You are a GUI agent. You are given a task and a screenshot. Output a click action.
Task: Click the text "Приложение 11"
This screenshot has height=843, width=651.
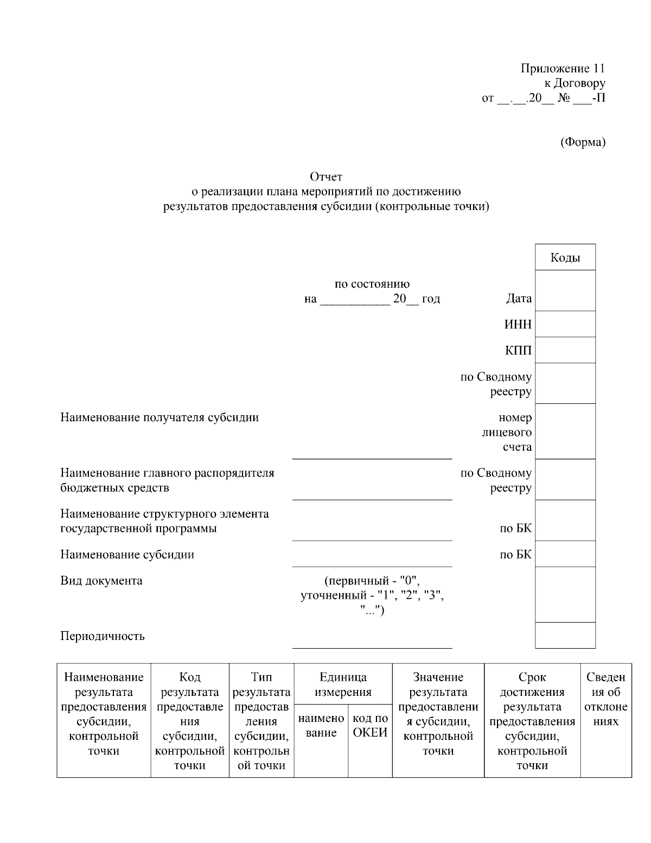(x=563, y=68)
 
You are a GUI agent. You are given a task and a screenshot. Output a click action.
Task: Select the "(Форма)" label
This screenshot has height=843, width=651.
(x=582, y=142)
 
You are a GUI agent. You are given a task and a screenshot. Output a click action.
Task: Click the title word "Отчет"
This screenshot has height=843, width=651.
(x=326, y=176)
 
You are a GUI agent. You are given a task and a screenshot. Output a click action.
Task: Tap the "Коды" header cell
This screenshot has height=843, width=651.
(x=565, y=257)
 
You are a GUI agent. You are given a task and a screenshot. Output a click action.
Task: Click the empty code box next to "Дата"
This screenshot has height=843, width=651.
(x=565, y=290)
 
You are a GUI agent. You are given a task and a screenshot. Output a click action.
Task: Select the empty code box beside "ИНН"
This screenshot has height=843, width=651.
(x=565, y=324)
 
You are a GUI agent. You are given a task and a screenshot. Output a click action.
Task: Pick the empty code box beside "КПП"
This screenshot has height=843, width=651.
(x=565, y=350)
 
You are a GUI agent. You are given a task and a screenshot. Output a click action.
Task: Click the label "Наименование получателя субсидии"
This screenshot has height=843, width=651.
(x=159, y=417)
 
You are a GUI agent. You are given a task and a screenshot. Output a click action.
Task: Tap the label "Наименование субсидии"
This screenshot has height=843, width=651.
(x=127, y=555)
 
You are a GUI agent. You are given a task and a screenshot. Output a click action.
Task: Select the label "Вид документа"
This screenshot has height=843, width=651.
(x=101, y=581)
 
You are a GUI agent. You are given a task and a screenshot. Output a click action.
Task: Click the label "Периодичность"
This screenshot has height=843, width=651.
(x=103, y=636)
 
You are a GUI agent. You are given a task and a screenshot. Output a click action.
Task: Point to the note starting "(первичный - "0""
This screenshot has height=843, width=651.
(x=372, y=595)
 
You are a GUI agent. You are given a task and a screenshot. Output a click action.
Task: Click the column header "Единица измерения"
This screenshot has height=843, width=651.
(x=343, y=684)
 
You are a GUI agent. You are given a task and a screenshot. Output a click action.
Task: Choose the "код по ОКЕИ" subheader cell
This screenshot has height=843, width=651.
(x=370, y=726)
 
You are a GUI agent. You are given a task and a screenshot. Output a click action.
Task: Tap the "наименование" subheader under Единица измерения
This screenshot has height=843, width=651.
(x=321, y=726)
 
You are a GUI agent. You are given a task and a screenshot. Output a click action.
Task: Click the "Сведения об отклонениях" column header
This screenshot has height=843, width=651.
(x=606, y=700)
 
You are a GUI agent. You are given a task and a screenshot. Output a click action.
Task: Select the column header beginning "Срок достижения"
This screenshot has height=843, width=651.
(x=532, y=721)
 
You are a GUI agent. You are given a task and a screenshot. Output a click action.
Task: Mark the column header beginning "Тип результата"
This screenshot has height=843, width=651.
(x=261, y=721)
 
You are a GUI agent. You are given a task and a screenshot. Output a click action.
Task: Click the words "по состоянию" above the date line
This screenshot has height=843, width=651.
(x=372, y=284)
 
